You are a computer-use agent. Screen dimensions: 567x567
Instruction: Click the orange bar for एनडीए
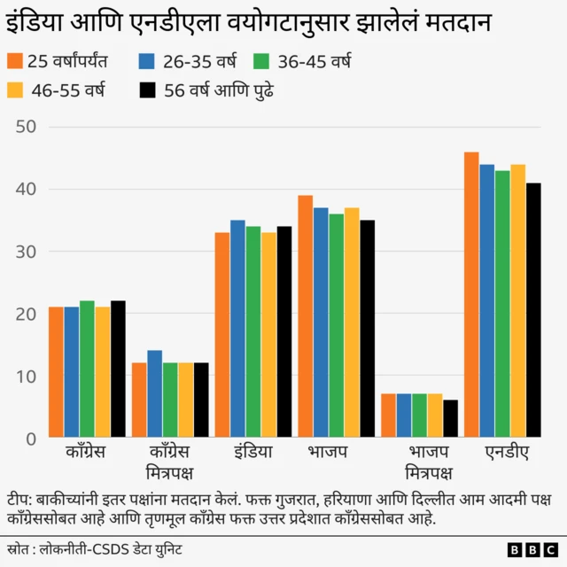pyautogui.click(x=471, y=295)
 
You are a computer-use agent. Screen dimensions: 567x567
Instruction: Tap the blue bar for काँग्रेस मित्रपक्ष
pyautogui.click(x=154, y=394)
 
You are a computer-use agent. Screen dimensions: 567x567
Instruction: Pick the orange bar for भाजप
pyautogui.click(x=305, y=316)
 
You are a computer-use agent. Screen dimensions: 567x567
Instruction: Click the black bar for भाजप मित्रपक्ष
pyautogui.click(x=451, y=419)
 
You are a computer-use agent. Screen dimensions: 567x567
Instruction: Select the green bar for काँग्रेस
pyautogui.click(x=87, y=369)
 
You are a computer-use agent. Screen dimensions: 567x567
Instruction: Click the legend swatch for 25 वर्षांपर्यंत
pyautogui.click(x=14, y=61)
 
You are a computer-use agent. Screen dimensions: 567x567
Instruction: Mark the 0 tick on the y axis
pyautogui.click(x=29, y=439)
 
